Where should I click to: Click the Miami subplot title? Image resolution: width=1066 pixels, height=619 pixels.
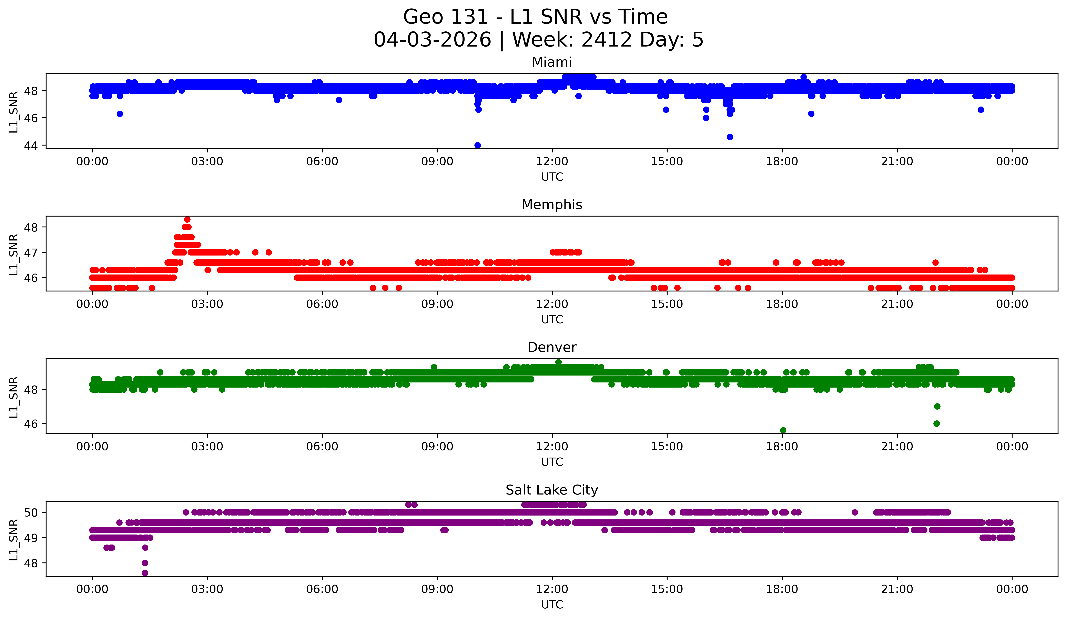coord(552,62)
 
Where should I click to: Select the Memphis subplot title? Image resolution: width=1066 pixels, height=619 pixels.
coord(552,205)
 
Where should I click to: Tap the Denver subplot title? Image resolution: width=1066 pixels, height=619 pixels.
coord(552,347)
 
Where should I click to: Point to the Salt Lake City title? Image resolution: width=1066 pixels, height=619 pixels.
coord(552,490)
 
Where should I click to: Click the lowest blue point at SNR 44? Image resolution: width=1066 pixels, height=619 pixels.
coord(478,145)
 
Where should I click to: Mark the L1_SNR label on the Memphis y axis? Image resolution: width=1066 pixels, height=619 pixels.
coord(13,255)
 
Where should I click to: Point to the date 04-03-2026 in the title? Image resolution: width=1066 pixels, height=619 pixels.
coord(432,40)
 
